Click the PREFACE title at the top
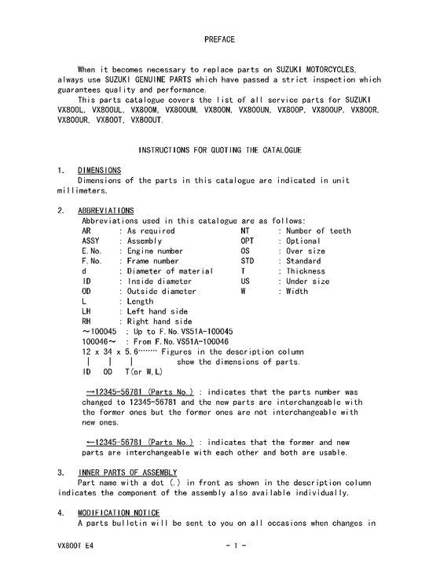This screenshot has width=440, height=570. click(219, 39)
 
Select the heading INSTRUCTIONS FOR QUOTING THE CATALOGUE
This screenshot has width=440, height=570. click(219, 149)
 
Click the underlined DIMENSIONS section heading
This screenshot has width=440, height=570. click(99, 170)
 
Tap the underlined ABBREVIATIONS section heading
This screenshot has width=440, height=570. click(105, 211)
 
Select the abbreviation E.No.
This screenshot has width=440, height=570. click(92, 252)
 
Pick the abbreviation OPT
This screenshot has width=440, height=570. click(247, 241)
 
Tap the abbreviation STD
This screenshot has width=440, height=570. click(247, 261)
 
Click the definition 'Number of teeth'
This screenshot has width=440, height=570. click(318, 231)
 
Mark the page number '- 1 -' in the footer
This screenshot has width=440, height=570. click(236, 545)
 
